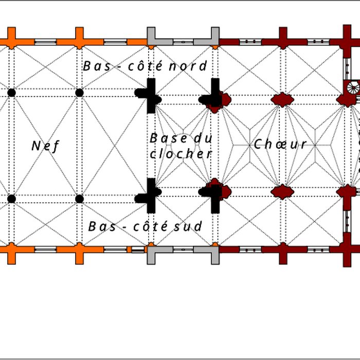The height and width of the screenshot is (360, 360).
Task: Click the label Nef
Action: coord(45,146)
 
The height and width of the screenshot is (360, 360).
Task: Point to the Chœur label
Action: coord(280,145)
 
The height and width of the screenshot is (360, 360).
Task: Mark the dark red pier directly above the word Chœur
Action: coord(282,99)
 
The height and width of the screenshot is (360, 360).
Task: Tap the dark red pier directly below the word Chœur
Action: coord(282,192)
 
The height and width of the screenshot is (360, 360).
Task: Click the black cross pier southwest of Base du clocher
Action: coord(150,194)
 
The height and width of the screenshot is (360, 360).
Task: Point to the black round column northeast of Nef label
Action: coord(79,93)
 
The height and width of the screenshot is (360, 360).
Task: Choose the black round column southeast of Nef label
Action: coord(79,199)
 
